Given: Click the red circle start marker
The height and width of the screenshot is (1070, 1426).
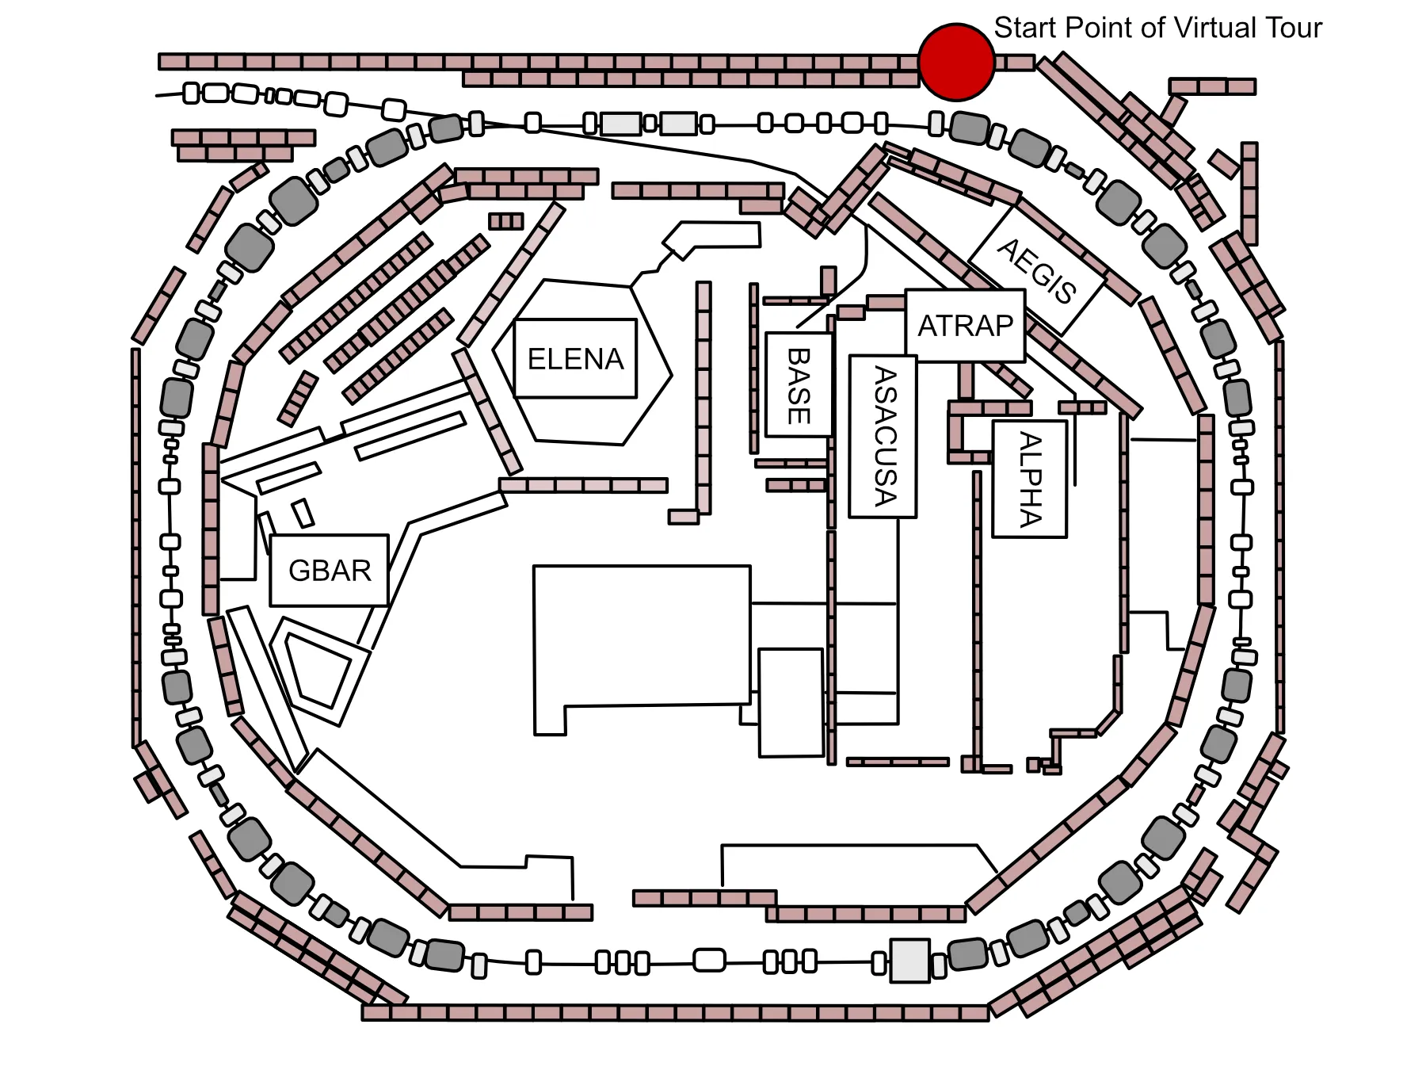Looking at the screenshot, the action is click(956, 62).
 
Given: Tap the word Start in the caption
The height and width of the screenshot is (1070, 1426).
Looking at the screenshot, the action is click(1026, 28).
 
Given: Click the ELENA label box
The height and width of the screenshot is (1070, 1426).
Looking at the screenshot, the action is click(576, 358).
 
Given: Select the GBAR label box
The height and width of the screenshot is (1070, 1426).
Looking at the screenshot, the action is click(330, 571).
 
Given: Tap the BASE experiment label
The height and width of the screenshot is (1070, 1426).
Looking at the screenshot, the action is click(799, 384).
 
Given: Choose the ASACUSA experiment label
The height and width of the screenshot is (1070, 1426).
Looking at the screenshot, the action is click(883, 437).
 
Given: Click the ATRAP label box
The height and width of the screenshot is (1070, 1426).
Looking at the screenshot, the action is click(966, 326).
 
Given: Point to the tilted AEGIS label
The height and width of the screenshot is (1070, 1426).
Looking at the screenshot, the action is click(1037, 270).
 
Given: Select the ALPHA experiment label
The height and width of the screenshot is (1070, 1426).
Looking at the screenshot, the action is click(1030, 479).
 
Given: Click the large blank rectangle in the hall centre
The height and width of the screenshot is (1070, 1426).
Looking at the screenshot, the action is click(642, 642).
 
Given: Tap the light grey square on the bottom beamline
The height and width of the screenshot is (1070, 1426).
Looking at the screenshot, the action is click(909, 961).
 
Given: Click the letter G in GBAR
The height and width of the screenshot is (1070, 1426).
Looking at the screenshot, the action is click(299, 571).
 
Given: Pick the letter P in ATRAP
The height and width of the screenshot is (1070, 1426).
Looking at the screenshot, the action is click(1002, 326).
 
